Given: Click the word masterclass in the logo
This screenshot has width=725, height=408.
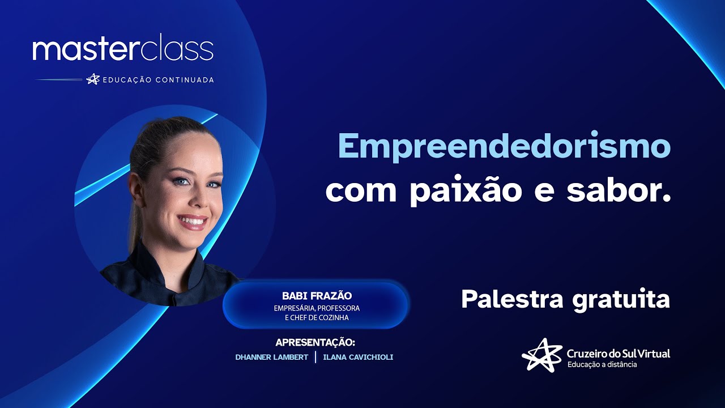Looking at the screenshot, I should [x=123, y=50].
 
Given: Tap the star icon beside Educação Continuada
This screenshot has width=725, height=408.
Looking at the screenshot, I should [x=93, y=79].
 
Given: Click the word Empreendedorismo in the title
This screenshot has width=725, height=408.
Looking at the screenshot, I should [x=504, y=147].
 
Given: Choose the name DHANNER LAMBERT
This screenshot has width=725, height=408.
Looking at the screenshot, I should [x=272, y=357].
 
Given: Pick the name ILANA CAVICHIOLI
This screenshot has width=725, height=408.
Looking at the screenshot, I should [x=358, y=357].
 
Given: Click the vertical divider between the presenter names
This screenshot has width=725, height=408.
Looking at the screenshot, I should [x=315, y=357].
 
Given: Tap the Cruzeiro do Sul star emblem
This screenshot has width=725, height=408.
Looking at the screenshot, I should [x=542, y=355].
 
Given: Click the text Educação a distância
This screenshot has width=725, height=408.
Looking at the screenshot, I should [x=602, y=364].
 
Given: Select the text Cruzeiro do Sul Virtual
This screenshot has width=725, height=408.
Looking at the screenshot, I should [x=618, y=353].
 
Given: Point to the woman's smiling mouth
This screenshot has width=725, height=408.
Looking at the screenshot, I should [x=193, y=221].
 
